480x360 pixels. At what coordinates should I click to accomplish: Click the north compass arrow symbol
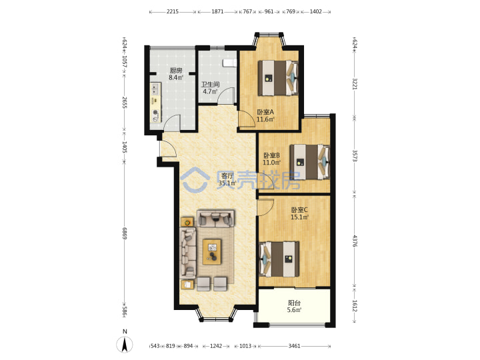click(125, 345)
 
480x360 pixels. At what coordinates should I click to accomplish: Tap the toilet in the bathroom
click(230, 63)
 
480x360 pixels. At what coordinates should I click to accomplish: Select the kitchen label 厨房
click(176, 71)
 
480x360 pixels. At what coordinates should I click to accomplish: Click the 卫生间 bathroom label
click(210, 84)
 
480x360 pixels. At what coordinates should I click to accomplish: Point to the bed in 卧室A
click(278, 78)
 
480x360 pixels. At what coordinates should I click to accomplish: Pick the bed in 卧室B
click(310, 161)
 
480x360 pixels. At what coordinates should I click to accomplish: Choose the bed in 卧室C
click(279, 259)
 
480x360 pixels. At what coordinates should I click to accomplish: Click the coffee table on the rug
click(212, 252)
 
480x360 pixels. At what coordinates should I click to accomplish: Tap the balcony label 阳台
click(294, 303)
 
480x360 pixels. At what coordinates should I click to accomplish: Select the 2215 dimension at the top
click(173, 11)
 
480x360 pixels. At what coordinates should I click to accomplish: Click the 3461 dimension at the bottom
click(294, 346)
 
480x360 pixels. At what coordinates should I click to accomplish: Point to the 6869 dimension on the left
click(124, 233)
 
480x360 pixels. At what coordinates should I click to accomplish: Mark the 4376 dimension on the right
click(355, 241)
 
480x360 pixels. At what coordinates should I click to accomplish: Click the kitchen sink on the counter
click(155, 89)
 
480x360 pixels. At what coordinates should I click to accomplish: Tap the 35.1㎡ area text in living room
click(227, 183)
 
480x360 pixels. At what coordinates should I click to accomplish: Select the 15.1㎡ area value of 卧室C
click(299, 217)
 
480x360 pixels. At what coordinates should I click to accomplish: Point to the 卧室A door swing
click(247, 119)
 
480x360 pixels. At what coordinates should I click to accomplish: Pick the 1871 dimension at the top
click(217, 11)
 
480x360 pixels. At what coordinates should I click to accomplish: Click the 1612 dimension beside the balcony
click(355, 305)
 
